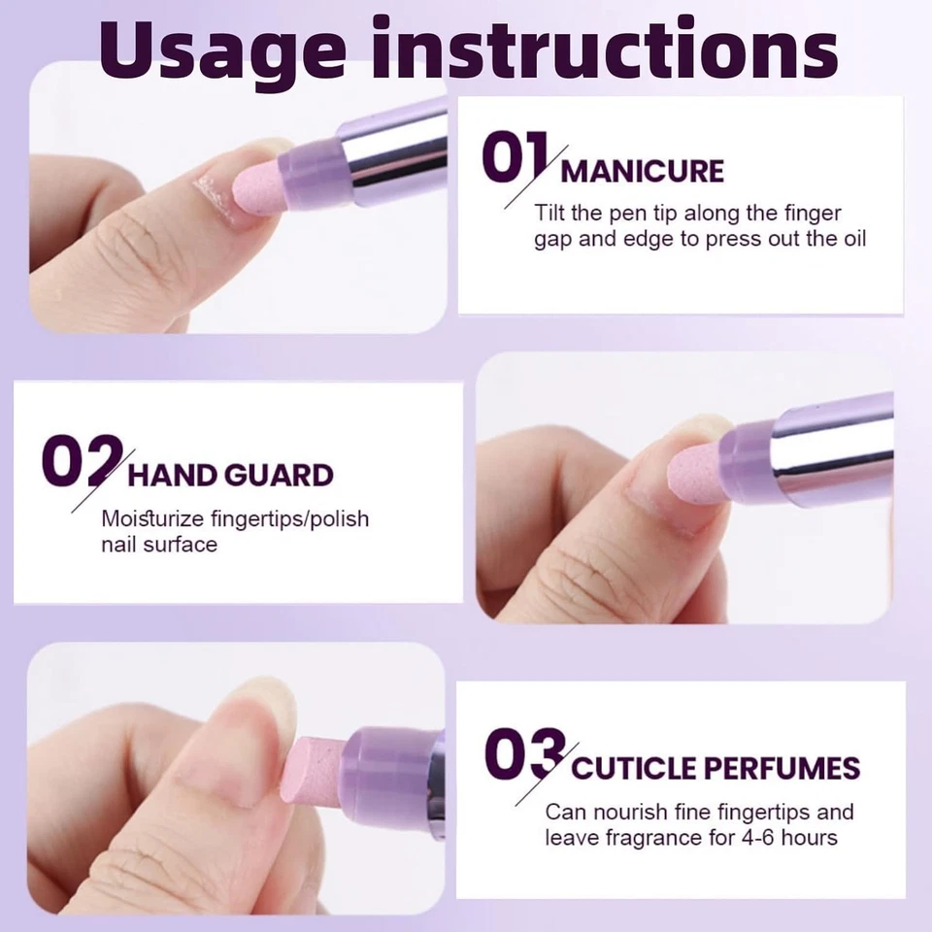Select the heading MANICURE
tap(643, 172)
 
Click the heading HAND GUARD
tap(231, 476)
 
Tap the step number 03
tap(524, 756)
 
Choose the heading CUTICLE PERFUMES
tap(716, 769)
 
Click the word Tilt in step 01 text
tap(549, 213)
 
